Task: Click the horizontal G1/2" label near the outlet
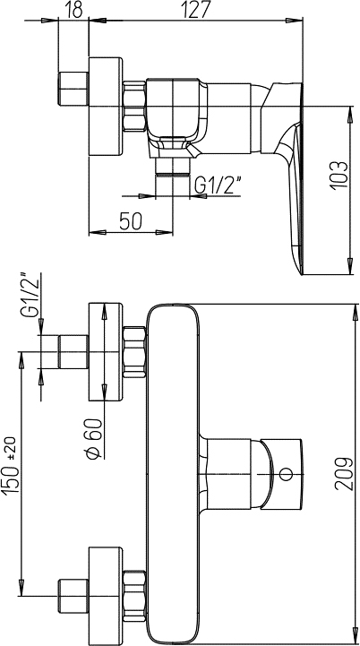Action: point(219,185)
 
